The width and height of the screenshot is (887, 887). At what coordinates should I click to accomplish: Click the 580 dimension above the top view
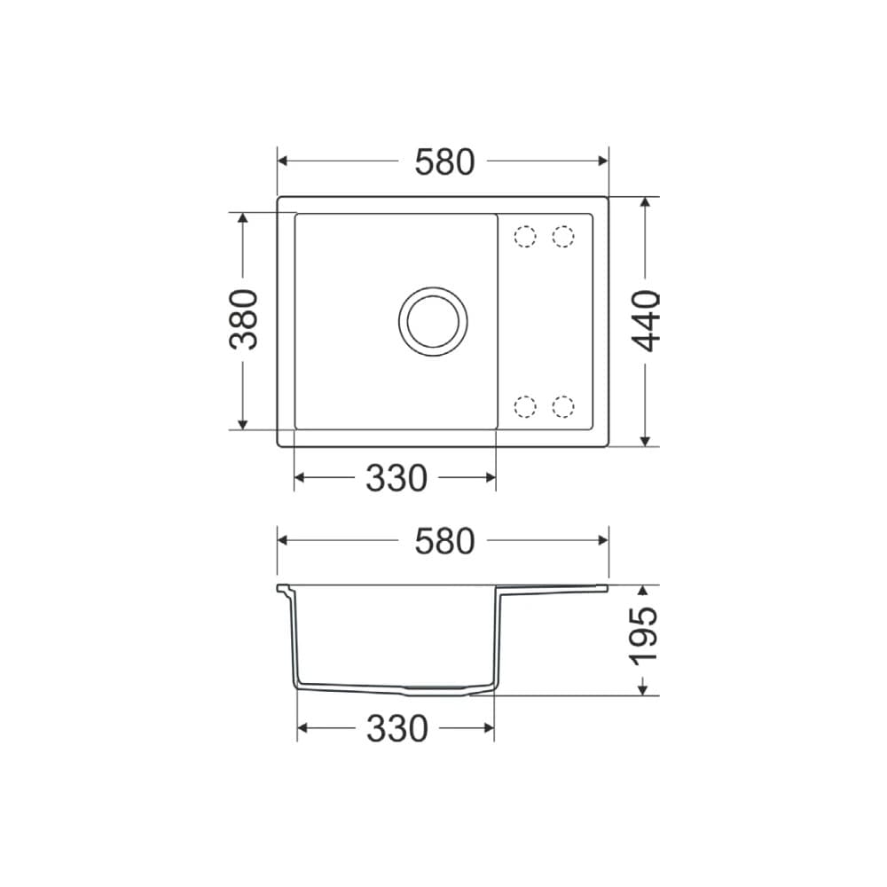click(x=444, y=161)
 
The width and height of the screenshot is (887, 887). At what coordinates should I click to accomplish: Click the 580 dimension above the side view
click(x=444, y=540)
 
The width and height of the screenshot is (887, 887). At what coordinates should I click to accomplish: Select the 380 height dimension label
click(x=245, y=319)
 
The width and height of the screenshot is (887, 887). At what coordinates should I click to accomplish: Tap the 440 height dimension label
click(x=648, y=320)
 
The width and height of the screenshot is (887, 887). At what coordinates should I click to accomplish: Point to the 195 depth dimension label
click(x=644, y=635)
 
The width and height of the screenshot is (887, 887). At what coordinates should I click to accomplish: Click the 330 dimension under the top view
click(x=396, y=478)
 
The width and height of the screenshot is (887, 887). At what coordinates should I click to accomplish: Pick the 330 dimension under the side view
click(x=396, y=729)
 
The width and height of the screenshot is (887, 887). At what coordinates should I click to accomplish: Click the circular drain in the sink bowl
click(x=432, y=320)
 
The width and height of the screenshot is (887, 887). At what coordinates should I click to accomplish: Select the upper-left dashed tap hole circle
click(x=525, y=237)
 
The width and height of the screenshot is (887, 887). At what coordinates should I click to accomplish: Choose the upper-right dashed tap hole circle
click(x=563, y=237)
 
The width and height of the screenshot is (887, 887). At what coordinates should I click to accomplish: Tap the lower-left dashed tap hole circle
click(x=525, y=406)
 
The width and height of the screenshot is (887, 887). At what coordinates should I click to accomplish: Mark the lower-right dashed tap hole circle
click(x=563, y=406)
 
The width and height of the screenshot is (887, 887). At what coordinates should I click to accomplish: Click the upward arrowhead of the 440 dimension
click(x=647, y=202)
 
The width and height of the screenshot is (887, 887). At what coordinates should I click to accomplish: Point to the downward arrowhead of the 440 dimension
click(x=647, y=440)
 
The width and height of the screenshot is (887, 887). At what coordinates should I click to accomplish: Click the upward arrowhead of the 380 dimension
click(x=243, y=219)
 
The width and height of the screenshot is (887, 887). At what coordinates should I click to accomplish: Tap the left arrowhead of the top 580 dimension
click(x=284, y=161)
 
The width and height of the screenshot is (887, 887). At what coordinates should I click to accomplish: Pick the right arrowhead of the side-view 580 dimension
click(x=602, y=540)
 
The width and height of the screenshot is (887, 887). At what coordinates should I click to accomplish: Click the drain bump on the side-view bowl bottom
click(x=435, y=688)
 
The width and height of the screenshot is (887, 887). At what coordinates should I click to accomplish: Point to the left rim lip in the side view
click(x=284, y=588)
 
